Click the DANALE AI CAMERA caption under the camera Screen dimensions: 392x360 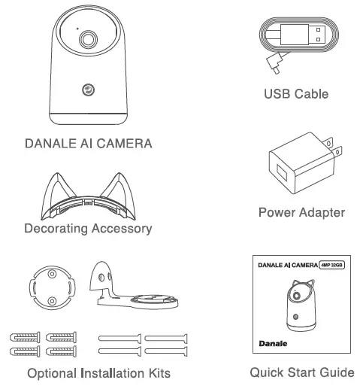[x=89, y=143]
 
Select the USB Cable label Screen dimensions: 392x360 [x=296, y=96]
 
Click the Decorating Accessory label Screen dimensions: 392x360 [x=88, y=228]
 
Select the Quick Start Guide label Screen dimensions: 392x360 [x=301, y=374]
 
